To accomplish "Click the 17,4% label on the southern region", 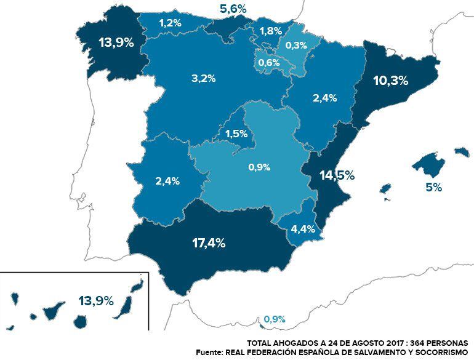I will click(x=209, y=242).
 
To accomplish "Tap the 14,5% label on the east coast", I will click(x=337, y=175).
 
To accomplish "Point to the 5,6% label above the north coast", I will click(x=233, y=9).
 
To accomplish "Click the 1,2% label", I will click(x=170, y=23).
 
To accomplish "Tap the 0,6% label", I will click(x=270, y=62).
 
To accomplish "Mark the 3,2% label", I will click(x=203, y=78).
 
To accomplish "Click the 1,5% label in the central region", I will click(x=236, y=134).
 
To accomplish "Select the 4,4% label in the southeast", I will click(x=303, y=229).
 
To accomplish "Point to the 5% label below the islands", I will click(x=433, y=188).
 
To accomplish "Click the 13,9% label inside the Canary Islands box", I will click(x=96, y=301).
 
